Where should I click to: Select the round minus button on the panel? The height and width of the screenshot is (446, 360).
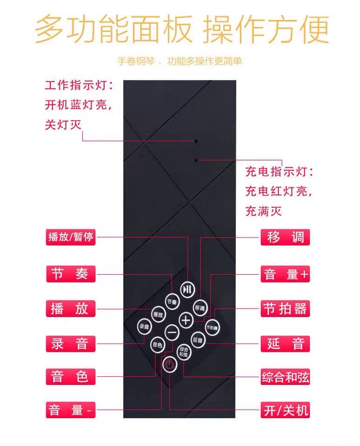172,332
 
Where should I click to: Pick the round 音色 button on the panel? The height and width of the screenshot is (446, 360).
157,345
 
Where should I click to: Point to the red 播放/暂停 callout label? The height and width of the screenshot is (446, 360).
71,237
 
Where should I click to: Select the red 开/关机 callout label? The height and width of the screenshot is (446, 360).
286,411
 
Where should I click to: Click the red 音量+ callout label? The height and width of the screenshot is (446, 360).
286,274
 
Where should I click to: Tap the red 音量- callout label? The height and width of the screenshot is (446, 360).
71,411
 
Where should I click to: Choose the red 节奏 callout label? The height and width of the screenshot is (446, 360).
71,274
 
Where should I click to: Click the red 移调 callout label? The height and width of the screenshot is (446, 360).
286,237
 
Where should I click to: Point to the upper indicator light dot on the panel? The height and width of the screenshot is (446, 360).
196,140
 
